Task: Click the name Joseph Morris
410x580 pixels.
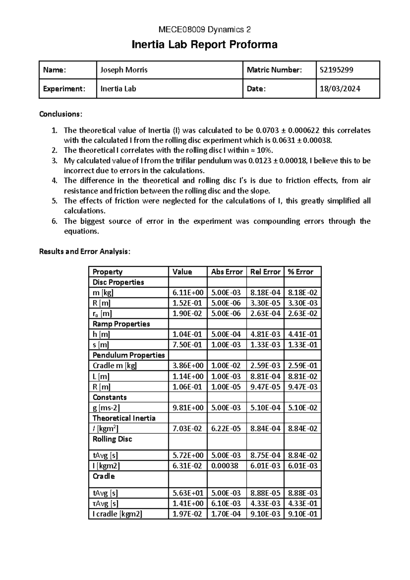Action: (124, 70)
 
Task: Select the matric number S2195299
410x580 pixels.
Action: (337, 70)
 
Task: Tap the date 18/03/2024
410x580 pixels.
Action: (340, 89)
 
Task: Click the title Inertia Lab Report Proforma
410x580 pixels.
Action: (204, 45)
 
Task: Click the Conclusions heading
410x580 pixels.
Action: (61, 114)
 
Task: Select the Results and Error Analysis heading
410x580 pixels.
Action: (85, 252)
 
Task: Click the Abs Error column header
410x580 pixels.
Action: (227, 272)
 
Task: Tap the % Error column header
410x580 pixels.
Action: (301, 272)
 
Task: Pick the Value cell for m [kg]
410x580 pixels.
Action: (188, 293)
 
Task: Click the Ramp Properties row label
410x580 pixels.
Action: (121, 324)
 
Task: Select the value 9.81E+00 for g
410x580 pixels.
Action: (188, 408)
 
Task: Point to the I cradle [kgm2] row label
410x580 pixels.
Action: (117, 514)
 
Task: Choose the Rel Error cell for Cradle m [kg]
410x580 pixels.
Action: (265, 366)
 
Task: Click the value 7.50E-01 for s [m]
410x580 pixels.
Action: (188, 345)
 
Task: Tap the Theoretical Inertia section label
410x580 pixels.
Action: (124, 418)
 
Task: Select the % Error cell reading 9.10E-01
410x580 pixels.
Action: (303, 514)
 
